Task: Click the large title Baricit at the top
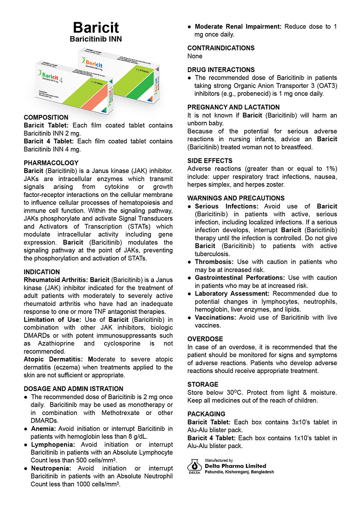[x=96, y=28]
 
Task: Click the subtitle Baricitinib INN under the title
[x=96, y=39]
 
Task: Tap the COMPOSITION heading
[x=46, y=118]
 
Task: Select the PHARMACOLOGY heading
[x=51, y=163]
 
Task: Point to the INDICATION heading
[x=42, y=272]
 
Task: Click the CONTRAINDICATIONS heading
[x=221, y=48]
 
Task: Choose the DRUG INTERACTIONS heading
[x=221, y=70]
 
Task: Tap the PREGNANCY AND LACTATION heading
[x=233, y=107]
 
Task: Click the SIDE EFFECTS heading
[x=210, y=161]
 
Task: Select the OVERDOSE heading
[x=205, y=339]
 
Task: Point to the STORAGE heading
[x=203, y=385]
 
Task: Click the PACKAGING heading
[x=206, y=414]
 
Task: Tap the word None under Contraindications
[x=195, y=56]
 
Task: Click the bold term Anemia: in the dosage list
[x=43, y=429]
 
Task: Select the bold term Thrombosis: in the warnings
[x=214, y=262]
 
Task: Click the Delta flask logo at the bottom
[x=195, y=466]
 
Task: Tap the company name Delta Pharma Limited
[x=235, y=466]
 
